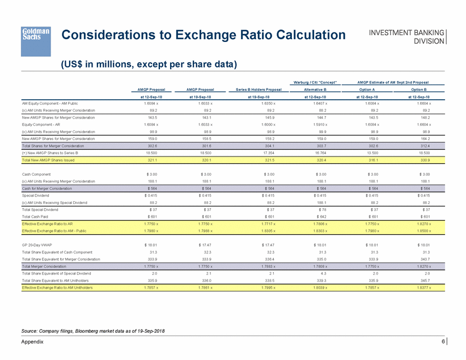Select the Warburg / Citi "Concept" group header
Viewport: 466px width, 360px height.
[x=313, y=83]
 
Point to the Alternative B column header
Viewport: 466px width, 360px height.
[x=313, y=90]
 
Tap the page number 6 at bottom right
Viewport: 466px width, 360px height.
[x=442, y=341]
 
